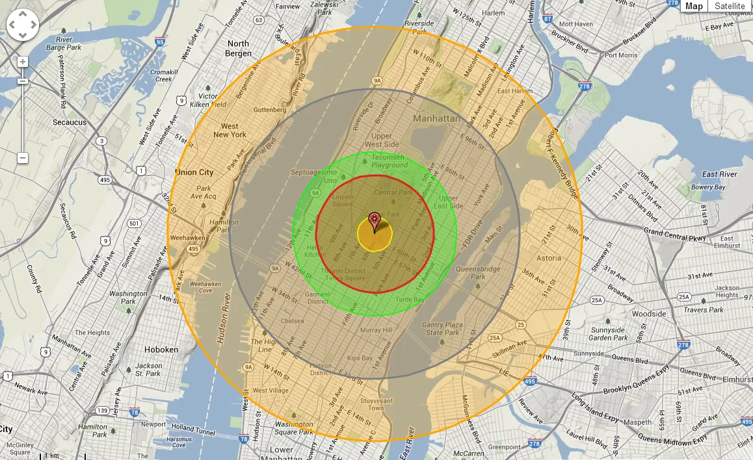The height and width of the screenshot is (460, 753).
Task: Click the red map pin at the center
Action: [374, 220]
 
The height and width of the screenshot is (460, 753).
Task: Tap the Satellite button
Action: [730, 6]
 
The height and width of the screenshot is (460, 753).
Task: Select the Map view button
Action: [694, 6]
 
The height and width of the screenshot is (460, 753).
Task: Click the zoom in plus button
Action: [23, 62]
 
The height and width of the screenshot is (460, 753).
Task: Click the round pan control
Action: [23, 25]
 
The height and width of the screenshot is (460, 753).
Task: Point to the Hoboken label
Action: [161, 350]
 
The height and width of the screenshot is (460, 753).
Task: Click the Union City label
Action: [194, 173]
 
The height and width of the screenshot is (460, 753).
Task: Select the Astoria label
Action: [549, 258]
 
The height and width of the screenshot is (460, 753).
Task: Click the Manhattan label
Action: [436, 119]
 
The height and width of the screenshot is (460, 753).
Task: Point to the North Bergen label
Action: [239, 49]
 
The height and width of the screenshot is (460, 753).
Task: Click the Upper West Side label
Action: [382, 140]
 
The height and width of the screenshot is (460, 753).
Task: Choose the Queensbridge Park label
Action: [478, 272]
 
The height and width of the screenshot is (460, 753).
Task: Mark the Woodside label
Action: [649, 314]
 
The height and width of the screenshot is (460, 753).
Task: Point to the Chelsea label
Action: [293, 321]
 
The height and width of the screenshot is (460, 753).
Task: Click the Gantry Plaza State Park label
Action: [442, 329]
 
